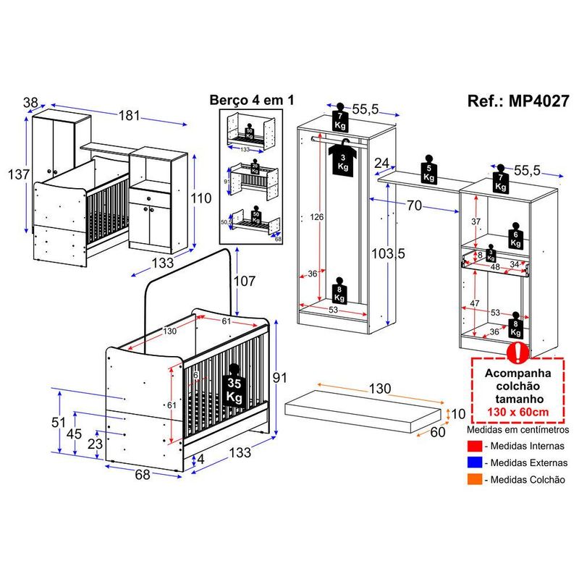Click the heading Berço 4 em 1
[x=250, y=101]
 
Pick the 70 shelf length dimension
[x=413, y=206]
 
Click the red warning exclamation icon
[x=517, y=352]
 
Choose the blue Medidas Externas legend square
[x=474, y=462]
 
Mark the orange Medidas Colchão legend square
[x=474, y=479]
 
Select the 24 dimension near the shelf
[x=383, y=164]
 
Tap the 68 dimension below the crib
[x=142, y=475]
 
